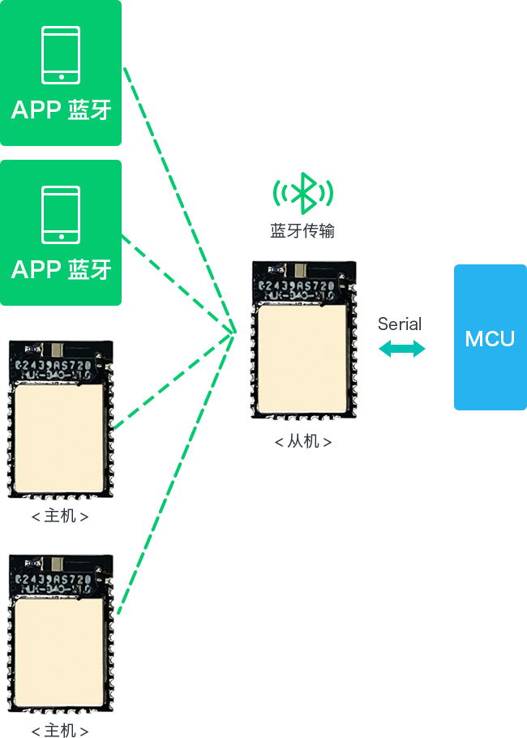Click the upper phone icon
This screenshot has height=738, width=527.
coord(61,55)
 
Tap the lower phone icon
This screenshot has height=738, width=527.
coord(61,215)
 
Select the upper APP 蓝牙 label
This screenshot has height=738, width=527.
coord(61,110)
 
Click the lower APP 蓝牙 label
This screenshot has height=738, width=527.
coord(61,270)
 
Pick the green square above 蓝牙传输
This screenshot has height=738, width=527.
coord(302,193)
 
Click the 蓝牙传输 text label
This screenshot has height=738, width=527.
coord(302,232)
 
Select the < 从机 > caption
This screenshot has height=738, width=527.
coord(302,442)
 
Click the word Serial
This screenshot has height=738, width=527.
coord(400,324)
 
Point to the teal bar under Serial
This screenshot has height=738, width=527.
coord(401,348)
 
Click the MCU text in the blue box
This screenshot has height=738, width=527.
coord(490,339)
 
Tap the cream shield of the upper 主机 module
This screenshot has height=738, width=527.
coord(59,438)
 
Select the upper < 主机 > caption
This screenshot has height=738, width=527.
coord(60,517)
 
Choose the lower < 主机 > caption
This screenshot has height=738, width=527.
coord(60,731)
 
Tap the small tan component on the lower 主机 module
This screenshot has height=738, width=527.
coord(58,564)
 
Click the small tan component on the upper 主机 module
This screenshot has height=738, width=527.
coord(58,350)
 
